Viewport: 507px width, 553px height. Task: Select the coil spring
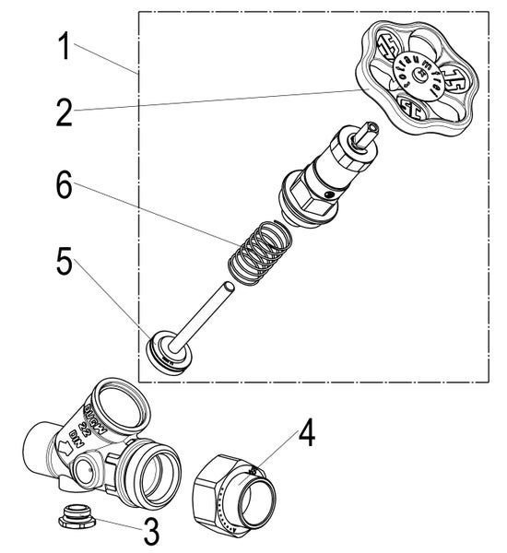coord(261,250)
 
